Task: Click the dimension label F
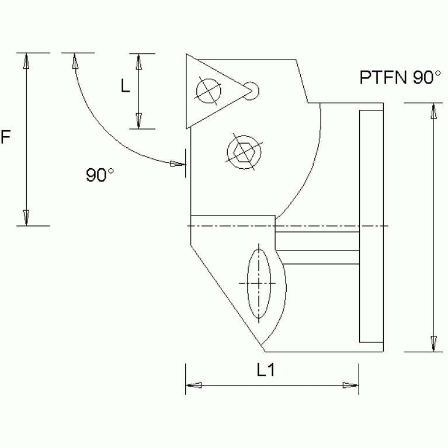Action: [x=6, y=138]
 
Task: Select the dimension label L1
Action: [x=266, y=370]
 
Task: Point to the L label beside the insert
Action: [x=125, y=86]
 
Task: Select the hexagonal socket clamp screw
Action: [x=242, y=151]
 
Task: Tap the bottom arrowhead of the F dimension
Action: [x=26, y=217]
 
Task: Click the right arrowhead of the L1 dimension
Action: [x=350, y=386]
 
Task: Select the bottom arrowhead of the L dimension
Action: [x=138, y=121]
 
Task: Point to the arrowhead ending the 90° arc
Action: [x=177, y=164]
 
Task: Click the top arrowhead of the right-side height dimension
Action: [x=433, y=111]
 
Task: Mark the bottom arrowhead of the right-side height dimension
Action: [x=433, y=344]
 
